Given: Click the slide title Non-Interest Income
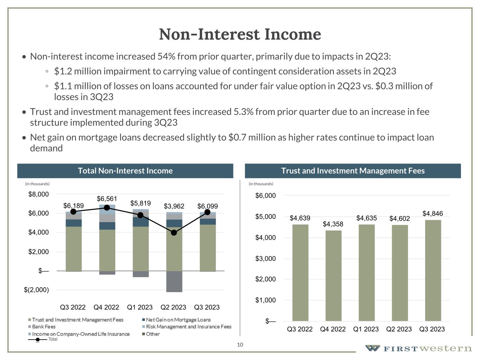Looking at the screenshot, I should [240, 34].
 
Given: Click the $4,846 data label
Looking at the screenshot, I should [433, 214].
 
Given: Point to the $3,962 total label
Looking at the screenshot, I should [174, 206].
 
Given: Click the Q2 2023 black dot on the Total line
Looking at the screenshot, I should [174, 233].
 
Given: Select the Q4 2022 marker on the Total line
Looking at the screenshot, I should [107, 208].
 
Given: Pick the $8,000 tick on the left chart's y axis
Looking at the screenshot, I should [39, 194].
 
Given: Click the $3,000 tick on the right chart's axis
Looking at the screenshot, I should [265, 259].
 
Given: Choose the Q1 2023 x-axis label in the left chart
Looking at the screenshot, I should [140, 307].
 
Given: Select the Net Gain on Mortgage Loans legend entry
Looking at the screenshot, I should [178, 320].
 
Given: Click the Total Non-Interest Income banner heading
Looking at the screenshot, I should [125, 171].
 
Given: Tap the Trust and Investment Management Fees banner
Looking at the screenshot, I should [353, 171].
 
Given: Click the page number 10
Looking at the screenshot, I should [240, 345].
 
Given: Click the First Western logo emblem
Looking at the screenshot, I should [372, 348].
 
